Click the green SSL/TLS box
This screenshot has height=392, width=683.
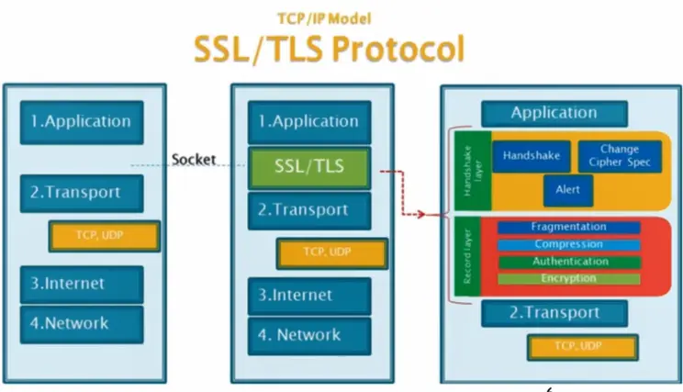click(309, 168)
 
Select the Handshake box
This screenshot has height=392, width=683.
click(531, 156)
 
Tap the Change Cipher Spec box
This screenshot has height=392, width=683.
click(620, 156)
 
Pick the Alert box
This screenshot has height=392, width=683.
click(568, 190)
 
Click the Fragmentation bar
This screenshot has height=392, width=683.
click(569, 227)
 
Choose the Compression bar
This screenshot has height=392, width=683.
click(569, 244)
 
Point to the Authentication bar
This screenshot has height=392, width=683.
click(570, 262)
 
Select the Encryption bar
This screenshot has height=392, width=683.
click(569, 279)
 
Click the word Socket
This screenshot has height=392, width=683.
click(194, 160)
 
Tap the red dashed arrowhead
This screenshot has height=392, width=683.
click(420, 214)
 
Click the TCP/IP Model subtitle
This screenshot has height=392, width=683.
click(324, 18)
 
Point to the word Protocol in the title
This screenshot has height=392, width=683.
click(398, 49)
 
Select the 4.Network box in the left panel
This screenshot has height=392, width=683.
click(82, 324)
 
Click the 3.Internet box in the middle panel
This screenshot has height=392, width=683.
click(309, 297)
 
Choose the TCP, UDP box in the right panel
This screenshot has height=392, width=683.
click(583, 347)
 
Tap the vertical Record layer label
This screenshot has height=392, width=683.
click(467, 256)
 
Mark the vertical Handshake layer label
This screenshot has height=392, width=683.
click(472, 171)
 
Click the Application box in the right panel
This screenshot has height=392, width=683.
click(554, 113)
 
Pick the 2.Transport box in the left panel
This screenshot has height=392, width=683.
click(82, 194)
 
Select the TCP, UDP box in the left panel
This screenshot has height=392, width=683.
click(105, 236)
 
